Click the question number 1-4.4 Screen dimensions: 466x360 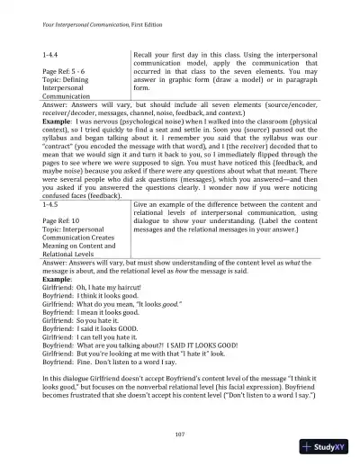(53, 56)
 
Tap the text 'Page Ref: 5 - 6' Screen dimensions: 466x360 (66, 71)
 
